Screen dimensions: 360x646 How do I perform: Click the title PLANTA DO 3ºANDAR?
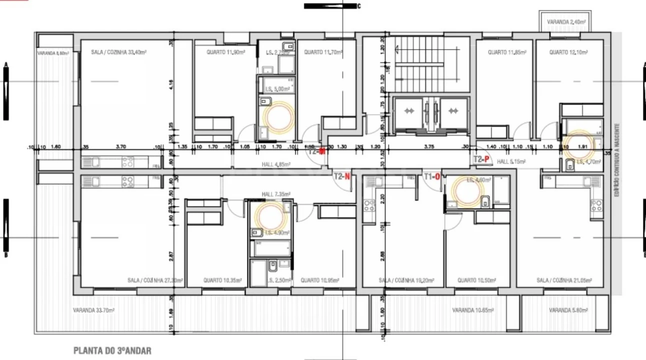[112, 351]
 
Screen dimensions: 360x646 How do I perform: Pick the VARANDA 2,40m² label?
[566, 22]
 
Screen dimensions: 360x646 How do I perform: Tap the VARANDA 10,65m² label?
[473, 310]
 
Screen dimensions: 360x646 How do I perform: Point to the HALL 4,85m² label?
[276, 164]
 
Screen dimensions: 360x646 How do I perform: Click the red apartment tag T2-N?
[341, 176]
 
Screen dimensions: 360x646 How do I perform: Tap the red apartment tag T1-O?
[432, 176]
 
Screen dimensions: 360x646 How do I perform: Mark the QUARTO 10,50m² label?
[477, 281]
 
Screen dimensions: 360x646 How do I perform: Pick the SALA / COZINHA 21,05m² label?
[562, 281]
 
